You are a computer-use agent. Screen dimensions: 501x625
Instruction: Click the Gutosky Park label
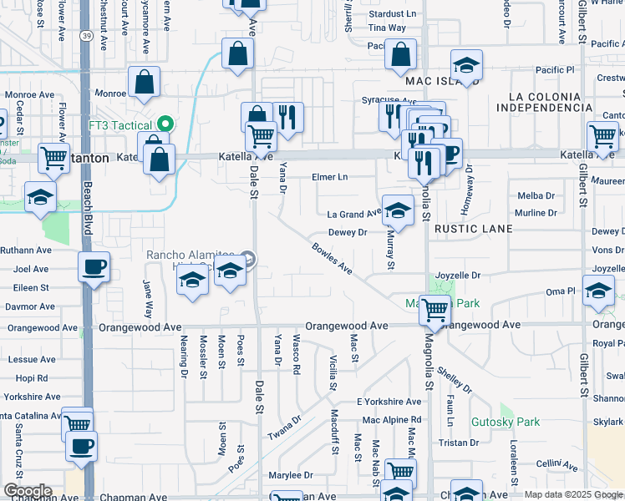pos(506,422)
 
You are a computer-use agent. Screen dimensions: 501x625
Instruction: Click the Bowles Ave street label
pos(333,258)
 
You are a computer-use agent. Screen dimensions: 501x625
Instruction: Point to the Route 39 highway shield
pos(87,36)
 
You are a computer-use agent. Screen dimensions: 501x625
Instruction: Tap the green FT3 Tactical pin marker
pos(165,124)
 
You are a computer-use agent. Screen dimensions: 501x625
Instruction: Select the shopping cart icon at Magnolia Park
pos(434,310)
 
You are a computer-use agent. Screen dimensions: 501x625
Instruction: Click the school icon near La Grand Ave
pos(398,210)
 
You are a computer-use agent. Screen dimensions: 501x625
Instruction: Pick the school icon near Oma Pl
pos(598,291)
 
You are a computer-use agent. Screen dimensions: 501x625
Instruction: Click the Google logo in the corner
pos(28,491)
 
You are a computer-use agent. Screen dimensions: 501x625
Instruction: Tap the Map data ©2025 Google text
pos(573,494)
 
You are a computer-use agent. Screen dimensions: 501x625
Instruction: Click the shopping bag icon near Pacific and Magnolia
pos(400,55)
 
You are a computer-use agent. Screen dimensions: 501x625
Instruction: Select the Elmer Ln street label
pos(329,177)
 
